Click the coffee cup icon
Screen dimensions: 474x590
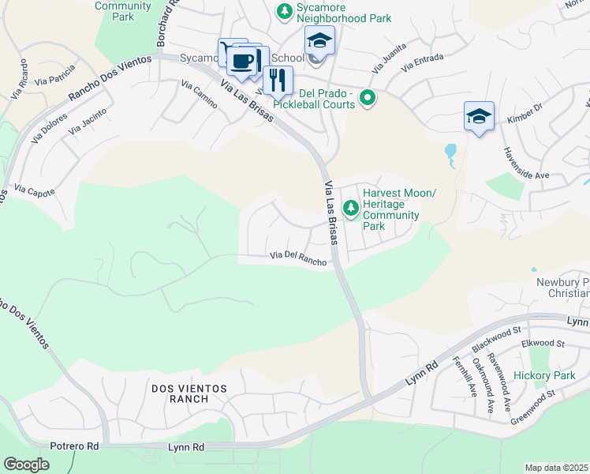pyautogui.click(x=244, y=60)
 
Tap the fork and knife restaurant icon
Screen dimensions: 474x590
pyautogui.click(x=277, y=80)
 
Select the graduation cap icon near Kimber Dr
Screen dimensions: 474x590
pyautogui.click(x=479, y=116)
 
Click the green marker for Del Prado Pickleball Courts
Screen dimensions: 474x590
pyautogui.click(x=367, y=98)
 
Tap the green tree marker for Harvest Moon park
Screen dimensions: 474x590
pyautogui.click(x=350, y=209)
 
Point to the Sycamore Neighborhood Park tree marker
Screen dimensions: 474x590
pyautogui.click(x=283, y=12)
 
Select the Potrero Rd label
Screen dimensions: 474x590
pyautogui.click(x=76, y=446)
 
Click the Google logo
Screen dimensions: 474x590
pyautogui.click(x=26, y=465)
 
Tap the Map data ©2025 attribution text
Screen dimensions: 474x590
pyautogui.click(x=556, y=468)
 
